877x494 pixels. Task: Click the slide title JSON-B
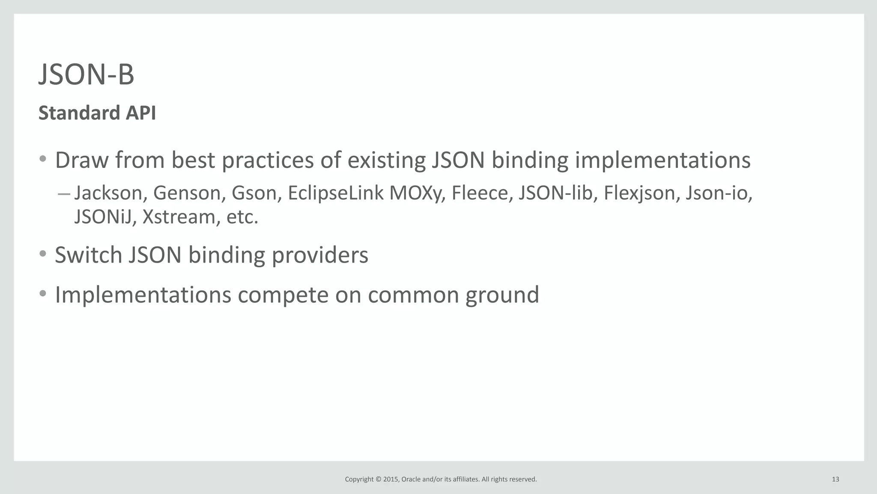[87, 75]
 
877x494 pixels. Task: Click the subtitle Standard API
[97, 113]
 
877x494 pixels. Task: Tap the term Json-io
[718, 193]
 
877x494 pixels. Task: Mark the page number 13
[835, 479]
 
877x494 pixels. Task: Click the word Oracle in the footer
[411, 479]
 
